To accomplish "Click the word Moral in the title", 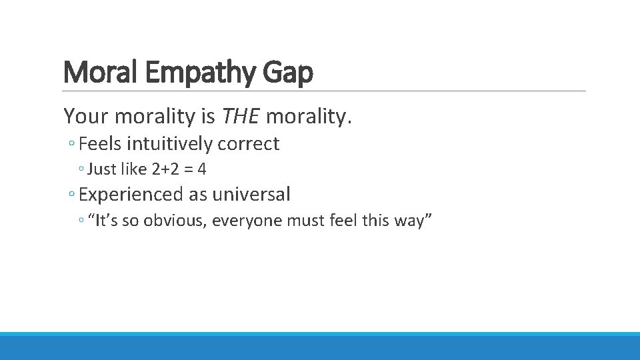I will pos(101,73).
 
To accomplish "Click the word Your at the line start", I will pos(87,117).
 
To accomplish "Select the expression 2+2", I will pos(166,169).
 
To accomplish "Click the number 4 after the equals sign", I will pos(202,169).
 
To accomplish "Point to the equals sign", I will pos(189,169).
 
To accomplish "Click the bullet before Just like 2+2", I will pos(81,170).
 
